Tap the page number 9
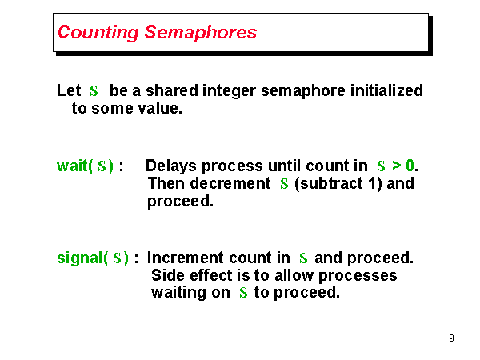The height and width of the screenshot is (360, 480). [x=451, y=338]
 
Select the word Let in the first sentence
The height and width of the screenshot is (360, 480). [x=70, y=91]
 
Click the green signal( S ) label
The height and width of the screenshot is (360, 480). [x=92, y=258]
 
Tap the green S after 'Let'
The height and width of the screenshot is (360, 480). [x=94, y=91]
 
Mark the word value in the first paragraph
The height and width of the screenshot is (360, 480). [x=163, y=108]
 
